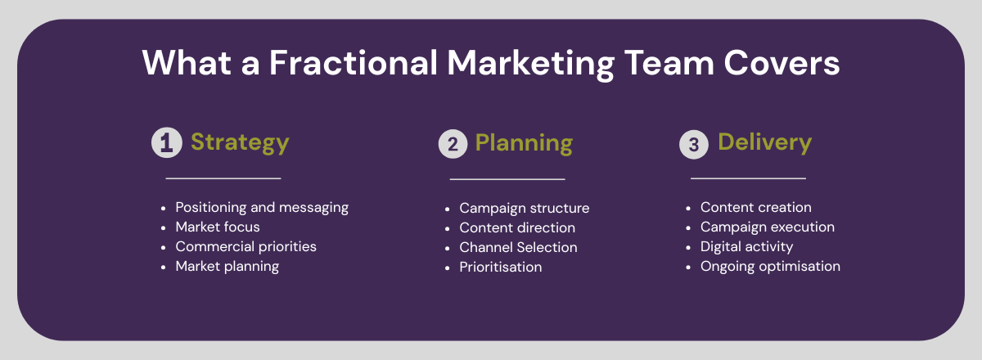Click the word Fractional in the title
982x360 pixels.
(x=354, y=63)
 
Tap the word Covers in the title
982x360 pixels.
(x=782, y=63)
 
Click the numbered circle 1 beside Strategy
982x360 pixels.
(x=167, y=142)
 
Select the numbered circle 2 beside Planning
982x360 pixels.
(x=453, y=144)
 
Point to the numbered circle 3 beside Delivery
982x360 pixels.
(x=694, y=144)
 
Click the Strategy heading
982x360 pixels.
(x=240, y=143)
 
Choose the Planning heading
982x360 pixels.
(x=524, y=143)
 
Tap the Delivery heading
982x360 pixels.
(x=764, y=142)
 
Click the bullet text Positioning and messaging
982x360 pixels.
(x=262, y=207)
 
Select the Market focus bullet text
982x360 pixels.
(x=218, y=227)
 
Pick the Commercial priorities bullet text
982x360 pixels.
(x=245, y=246)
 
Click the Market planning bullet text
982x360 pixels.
(x=227, y=266)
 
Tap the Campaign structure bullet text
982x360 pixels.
(x=525, y=209)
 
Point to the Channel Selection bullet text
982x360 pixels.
(x=518, y=247)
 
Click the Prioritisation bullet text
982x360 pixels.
(x=501, y=267)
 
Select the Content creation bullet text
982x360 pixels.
(x=756, y=207)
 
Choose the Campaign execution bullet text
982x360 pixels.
(x=768, y=227)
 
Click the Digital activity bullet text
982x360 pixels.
(x=746, y=247)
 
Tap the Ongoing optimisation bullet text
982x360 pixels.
(x=770, y=267)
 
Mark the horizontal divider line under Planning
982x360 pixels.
(x=507, y=179)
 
